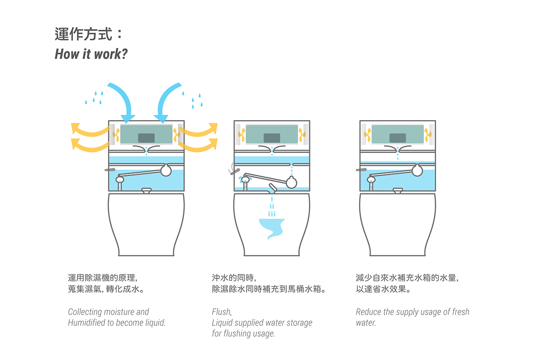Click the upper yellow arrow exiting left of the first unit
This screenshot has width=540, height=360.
[88, 130]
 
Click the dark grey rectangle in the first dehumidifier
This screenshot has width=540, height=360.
[146, 137]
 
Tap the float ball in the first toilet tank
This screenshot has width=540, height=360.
[166, 170]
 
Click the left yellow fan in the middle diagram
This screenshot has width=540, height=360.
[242, 133]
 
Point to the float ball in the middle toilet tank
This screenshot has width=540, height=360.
[291, 181]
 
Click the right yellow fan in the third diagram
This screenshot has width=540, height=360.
[428, 133]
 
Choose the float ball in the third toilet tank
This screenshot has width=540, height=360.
[417, 170]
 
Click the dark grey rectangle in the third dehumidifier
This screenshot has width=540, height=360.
[397, 137]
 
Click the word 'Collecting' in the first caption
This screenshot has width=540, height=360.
[85, 312]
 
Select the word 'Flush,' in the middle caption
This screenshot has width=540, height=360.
[222, 312]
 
